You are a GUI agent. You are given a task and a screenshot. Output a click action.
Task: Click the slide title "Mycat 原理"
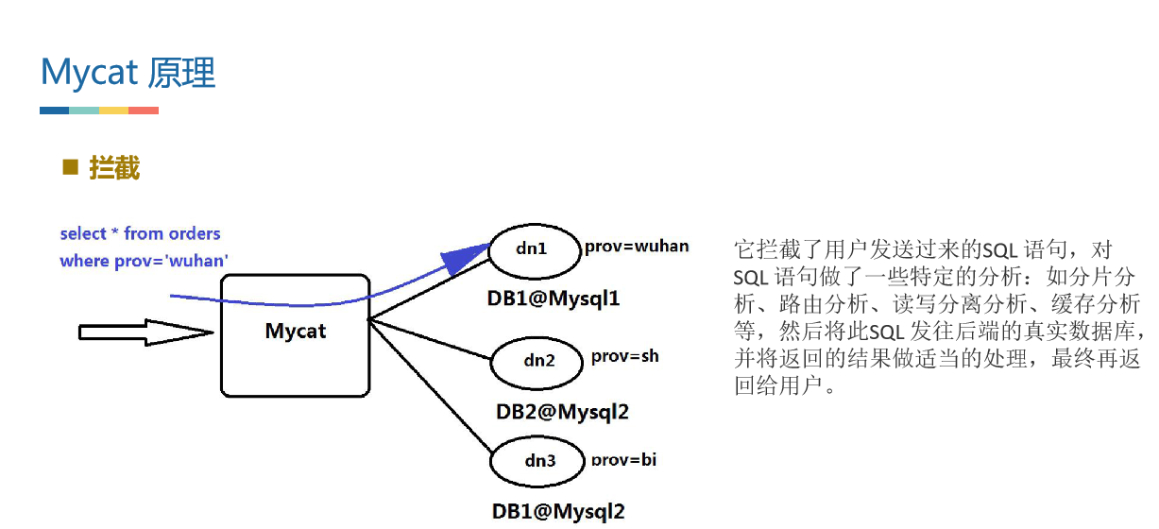point(128,73)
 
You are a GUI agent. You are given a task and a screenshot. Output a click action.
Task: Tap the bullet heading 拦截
point(114,169)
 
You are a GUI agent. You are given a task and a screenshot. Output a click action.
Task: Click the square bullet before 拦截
point(69,168)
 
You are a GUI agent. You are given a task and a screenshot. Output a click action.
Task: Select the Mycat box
point(295,334)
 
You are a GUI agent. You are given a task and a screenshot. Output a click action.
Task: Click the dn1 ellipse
point(531,249)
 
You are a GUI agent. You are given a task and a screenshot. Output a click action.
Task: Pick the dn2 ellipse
point(537,361)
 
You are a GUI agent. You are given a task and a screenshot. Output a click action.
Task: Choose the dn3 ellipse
point(537,462)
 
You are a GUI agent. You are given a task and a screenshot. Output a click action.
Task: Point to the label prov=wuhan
point(637,247)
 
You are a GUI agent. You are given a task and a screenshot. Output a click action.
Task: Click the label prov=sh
point(624,357)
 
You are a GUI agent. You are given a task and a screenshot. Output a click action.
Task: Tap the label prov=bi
point(623,460)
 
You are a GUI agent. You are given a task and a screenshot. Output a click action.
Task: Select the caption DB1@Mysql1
point(553,299)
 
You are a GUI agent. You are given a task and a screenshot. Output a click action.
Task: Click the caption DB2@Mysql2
point(562,412)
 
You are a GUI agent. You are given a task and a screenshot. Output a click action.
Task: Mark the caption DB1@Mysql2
point(558,512)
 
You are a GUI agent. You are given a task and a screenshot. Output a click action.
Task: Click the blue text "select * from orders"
point(140,233)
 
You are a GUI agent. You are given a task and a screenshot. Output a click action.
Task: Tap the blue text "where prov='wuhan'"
point(144,261)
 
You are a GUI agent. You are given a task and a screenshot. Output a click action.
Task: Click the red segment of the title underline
point(144,111)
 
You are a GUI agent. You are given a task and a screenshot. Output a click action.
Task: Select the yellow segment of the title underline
point(113,111)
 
